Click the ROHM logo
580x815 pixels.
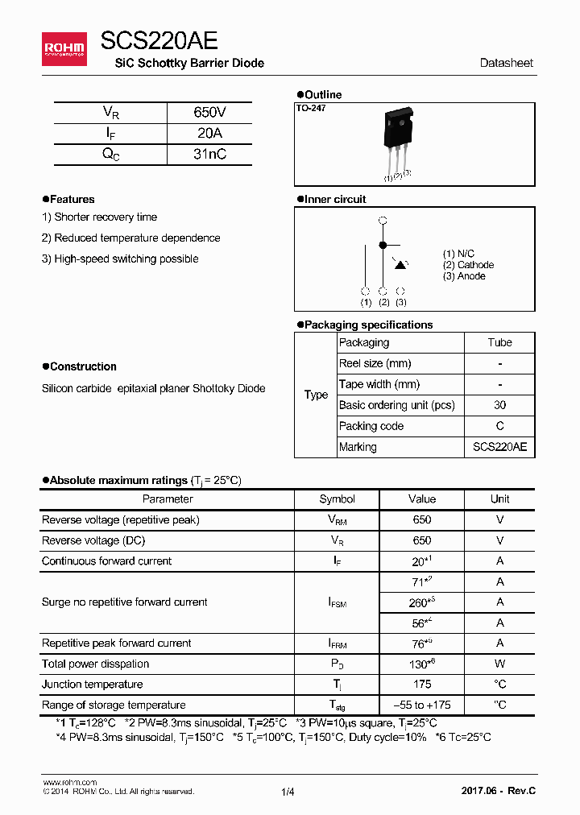[64, 50]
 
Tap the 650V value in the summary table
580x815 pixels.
[209, 113]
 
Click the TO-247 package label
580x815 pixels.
[310, 108]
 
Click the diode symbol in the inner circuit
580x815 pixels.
[400, 264]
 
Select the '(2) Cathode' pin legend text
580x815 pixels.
[468, 265]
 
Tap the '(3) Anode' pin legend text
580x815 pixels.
[464, 276]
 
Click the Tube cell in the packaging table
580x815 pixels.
[499, 343]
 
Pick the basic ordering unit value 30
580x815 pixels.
[499, 405]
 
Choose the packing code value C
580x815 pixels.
[499, 426]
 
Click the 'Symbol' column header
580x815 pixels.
[337, 499]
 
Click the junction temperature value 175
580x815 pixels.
[421, 685]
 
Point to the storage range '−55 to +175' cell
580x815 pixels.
[421, 705]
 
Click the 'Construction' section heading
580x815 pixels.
[82, 367]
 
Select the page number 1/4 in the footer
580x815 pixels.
[288, 792]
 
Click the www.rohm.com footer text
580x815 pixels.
[69, 782]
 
